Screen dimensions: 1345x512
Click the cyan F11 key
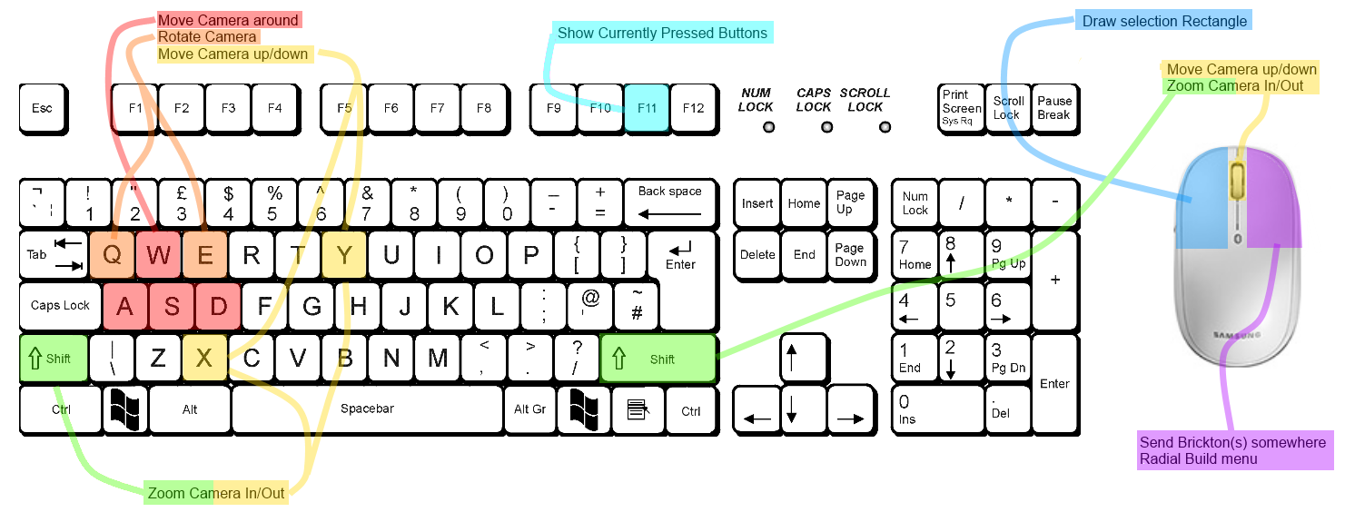click(x=647, y=108)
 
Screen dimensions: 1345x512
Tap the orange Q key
click(x=112, y=254)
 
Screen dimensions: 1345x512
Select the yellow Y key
click(x=344, y=254)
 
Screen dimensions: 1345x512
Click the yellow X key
click(x=204, y=358)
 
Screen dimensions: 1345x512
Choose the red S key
click(x=172, y=306)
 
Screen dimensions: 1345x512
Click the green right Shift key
click(x=658, y=359)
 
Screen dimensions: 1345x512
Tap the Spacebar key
click(x=367, y=409)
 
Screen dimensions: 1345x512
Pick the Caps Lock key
click(x=60, y=306)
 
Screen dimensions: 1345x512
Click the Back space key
click(x=670, y=202)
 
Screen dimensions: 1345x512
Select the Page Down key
click(x=850, y=255)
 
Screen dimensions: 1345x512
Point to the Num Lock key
click(x=915, y=203)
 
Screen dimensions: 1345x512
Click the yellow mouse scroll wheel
click(x=1237, y=180)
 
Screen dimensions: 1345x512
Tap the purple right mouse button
click(x=1273, y=197)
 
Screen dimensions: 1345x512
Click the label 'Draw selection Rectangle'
click(x=1164, y=21)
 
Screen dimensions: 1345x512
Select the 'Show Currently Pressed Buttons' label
click(x=662, y=33)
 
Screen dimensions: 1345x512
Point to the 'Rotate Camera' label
click(x=207, y=36)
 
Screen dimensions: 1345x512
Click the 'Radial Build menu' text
click(x=1199, y=459)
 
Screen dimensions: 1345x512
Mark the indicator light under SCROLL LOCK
click(x=885, y=127)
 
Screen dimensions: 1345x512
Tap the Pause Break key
click(x=1054, y=108)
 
